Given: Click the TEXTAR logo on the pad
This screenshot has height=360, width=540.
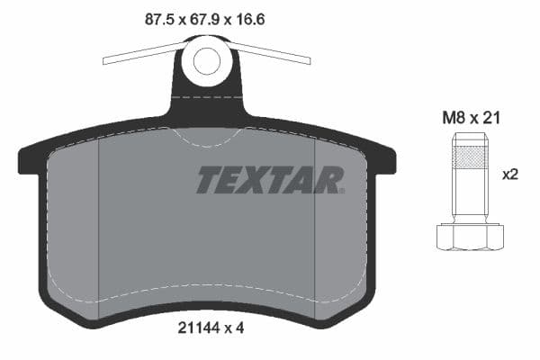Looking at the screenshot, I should [270, 179].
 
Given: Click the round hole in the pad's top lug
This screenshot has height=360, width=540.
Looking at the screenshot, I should [207, 62].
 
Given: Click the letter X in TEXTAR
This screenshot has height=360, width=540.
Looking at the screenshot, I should [260, 179].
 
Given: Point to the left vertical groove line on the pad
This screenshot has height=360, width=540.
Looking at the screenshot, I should [97, 225].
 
